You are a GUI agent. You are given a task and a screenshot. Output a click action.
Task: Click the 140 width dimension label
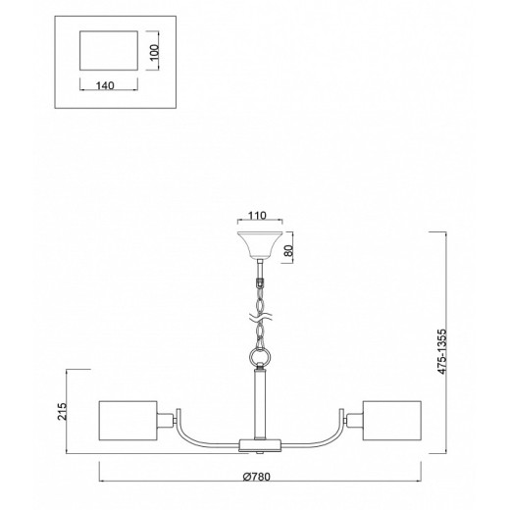[x=105, y=85]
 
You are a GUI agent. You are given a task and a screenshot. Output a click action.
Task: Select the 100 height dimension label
[x=154, y=52]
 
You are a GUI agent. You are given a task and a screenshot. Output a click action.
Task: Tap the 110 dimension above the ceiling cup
[x=258, y=216]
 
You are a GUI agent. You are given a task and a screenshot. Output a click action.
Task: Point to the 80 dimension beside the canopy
[x=287, y=250]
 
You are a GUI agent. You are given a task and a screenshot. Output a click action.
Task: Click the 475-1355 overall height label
[x=441, y=351]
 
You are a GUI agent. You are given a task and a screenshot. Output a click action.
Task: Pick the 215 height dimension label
[x=62, y=412]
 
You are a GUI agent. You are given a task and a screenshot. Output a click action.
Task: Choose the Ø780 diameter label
[x=257, y=477]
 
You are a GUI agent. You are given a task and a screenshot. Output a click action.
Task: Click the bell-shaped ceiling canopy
[x=260, y=245]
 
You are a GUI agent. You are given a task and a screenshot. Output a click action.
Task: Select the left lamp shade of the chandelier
[x=128, y=421]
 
